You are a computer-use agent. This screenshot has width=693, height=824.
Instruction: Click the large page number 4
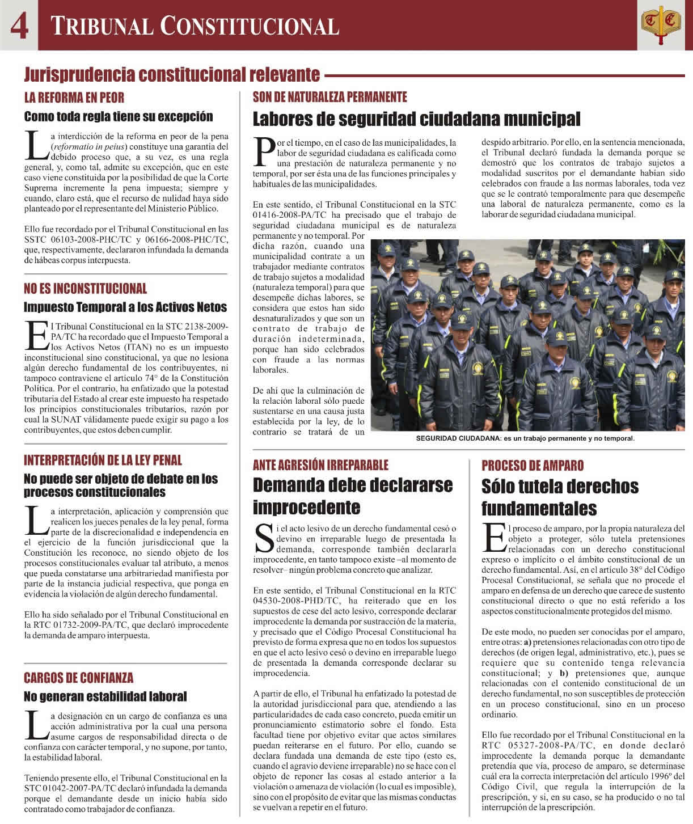[19, 26]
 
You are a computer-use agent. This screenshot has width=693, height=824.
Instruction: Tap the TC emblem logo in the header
[661, 25]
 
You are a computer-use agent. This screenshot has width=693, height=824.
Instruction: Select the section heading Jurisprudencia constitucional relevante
[172, 74]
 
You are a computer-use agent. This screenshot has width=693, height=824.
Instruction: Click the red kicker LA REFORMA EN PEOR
[74, 97]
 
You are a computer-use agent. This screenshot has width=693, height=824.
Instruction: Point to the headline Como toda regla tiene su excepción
[119, 116]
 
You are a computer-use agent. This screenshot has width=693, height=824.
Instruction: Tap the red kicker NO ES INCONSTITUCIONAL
[85, 289]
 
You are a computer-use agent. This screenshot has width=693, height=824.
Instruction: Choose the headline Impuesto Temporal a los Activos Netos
[125, 307]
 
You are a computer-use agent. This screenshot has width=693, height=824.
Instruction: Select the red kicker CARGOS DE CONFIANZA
[79, 678]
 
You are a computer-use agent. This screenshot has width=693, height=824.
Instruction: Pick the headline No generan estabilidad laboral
[105, 696]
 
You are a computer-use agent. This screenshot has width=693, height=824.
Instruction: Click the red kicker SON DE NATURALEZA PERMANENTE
[330, 97]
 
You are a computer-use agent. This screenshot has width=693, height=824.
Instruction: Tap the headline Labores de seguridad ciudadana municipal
[416, 119]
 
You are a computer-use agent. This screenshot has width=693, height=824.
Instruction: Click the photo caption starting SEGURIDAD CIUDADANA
[525, 439]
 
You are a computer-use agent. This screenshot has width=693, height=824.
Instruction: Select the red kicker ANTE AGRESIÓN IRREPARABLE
[320, 465]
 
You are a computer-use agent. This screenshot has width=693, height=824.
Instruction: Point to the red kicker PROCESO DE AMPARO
[533, 466]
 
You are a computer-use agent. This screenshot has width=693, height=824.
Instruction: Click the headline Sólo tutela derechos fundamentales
[560, 497]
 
